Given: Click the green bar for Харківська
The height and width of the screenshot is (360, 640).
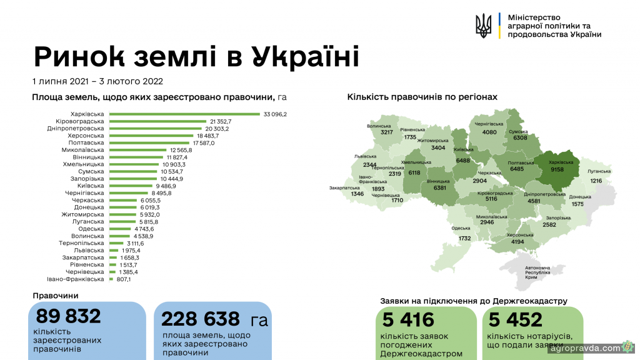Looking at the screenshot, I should pos(184,114).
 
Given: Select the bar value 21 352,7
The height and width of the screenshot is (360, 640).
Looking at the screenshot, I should pos(221,121).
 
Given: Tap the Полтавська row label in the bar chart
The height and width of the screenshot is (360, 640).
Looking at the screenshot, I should pos(87,142).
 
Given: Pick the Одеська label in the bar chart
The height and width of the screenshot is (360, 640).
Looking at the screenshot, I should pos(91,229).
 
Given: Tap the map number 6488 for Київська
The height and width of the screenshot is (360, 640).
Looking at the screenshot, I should pos(463,161).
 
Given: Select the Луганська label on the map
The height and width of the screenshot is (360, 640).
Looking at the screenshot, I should pos(599,171).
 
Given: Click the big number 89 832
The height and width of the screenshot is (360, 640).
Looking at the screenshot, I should pos(69,317).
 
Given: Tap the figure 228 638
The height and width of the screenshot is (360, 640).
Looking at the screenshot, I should pos(200,319).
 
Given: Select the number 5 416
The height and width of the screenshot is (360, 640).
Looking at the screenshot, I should pos(409,320).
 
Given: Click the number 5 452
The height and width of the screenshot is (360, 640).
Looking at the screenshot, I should pos(516,320).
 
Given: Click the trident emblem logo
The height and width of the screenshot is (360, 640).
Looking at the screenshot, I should pos(483,26).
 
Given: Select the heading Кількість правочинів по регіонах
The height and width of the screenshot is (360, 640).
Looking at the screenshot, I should pos(422,97).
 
